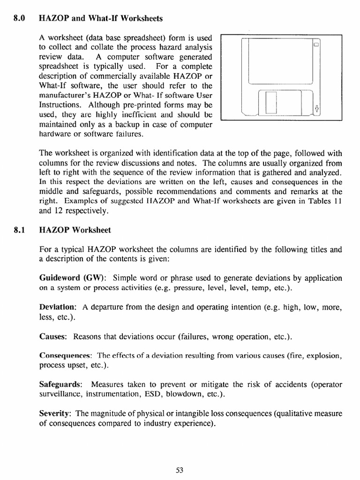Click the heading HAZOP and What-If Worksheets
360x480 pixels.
point(100,19)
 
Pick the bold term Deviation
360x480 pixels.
point(58,307)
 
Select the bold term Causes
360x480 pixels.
point(53,337)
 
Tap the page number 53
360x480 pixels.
point(180,471)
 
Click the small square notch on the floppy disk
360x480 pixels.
point(316,45)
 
